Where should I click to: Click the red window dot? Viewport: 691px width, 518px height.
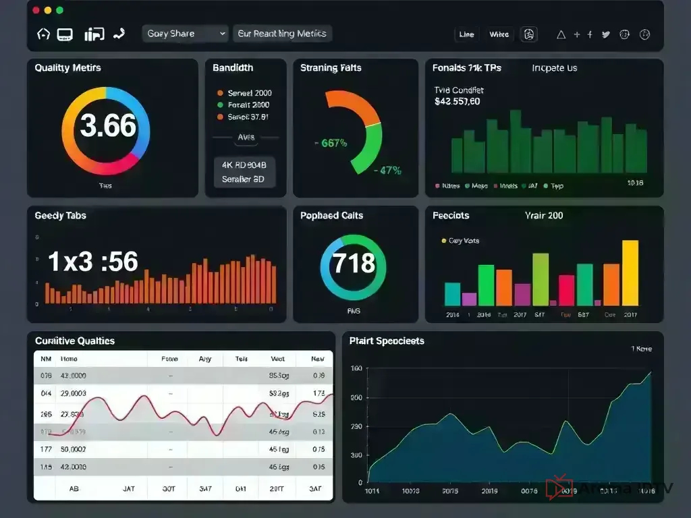point(34,10)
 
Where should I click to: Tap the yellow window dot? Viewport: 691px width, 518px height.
point(47,10)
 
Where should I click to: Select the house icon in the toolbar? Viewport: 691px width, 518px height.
point(43,34)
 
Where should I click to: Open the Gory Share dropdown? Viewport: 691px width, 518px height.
point(186,34)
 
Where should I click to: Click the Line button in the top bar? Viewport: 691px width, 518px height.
point(466,34)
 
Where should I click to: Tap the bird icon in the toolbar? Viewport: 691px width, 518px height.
point(605,34)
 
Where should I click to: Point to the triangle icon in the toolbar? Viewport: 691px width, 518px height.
point(560,34)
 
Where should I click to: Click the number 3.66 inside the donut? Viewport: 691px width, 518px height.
point(108,126)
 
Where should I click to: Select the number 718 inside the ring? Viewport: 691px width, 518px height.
point(354,262)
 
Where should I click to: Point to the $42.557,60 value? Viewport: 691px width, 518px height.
point(458,102)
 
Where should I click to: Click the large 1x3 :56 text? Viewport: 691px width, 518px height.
point(93,262)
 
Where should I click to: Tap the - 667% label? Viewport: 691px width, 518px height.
point(331,143)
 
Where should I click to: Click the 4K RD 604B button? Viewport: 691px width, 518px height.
point(244,165)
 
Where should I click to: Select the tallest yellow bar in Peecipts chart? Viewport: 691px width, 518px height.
point(630,273)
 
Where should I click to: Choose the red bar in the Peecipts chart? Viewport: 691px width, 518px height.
point(567,291)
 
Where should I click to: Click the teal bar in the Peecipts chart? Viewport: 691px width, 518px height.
point(452,294)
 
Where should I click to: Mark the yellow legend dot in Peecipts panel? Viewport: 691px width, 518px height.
point(443,241)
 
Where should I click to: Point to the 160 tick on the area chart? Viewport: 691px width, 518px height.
point(356,368)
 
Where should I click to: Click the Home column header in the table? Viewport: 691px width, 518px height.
point(69,359)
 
